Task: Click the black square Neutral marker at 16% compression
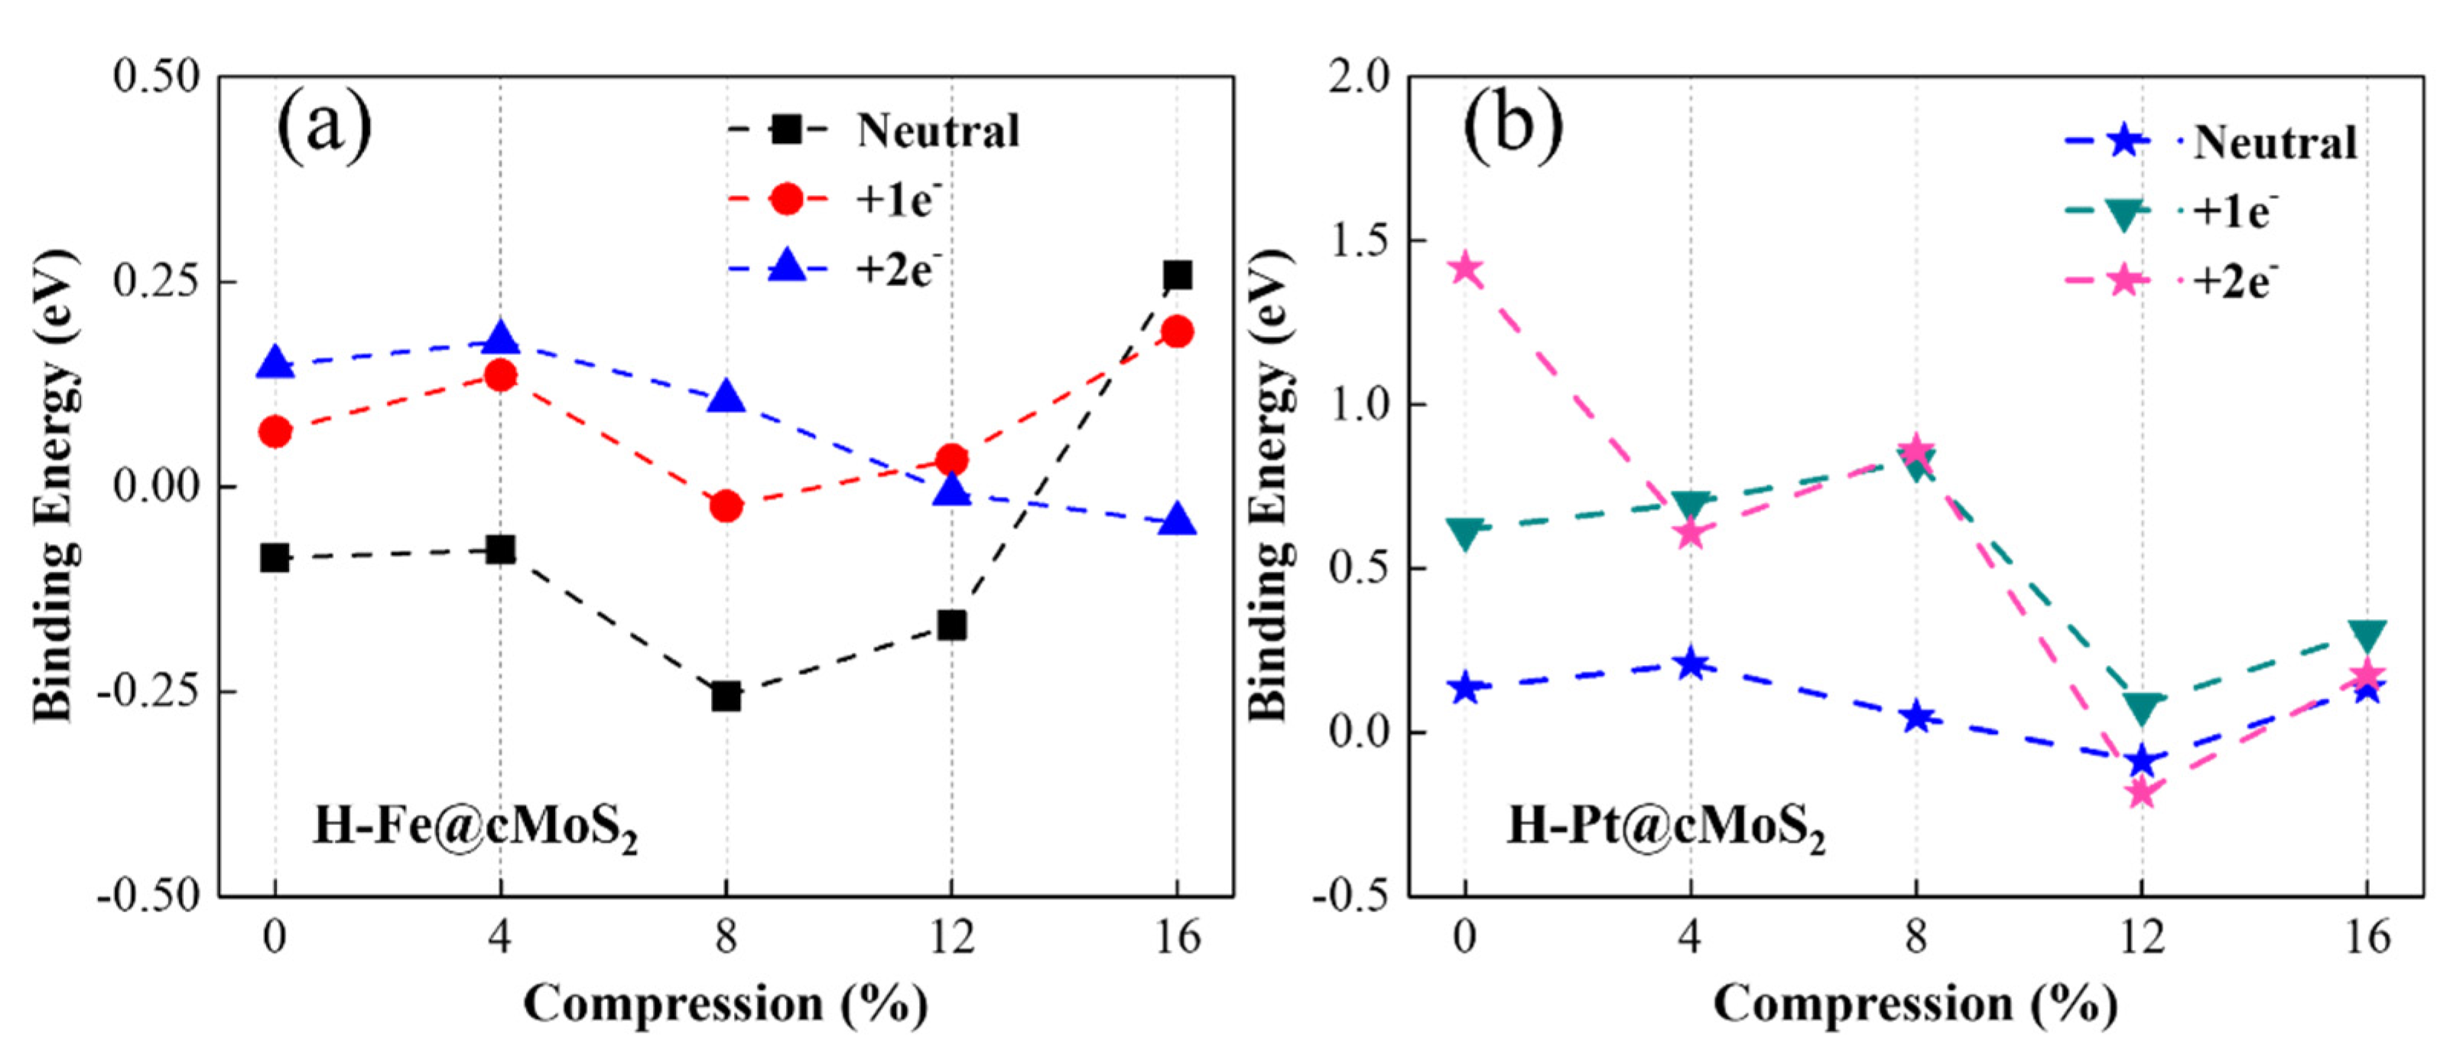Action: coord(1177,276)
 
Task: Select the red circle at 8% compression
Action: coord(726,505)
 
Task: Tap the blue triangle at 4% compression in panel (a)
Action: coord(500,339)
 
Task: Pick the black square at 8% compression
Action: coord(726,696)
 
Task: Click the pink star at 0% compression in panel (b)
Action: coord(1465,270)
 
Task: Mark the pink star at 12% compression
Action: coord(2141,791)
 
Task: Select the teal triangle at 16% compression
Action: coord(2367,635)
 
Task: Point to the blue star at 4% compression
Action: coord(1690,662)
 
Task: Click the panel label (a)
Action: coord(325,126)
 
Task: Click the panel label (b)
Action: coord(1513,126)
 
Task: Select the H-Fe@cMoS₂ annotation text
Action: coord(475,826)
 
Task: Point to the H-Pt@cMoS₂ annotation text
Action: coord(1665,826)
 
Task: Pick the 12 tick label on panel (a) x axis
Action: coord(951,938)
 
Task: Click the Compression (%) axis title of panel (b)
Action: coord(1915,1004)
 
